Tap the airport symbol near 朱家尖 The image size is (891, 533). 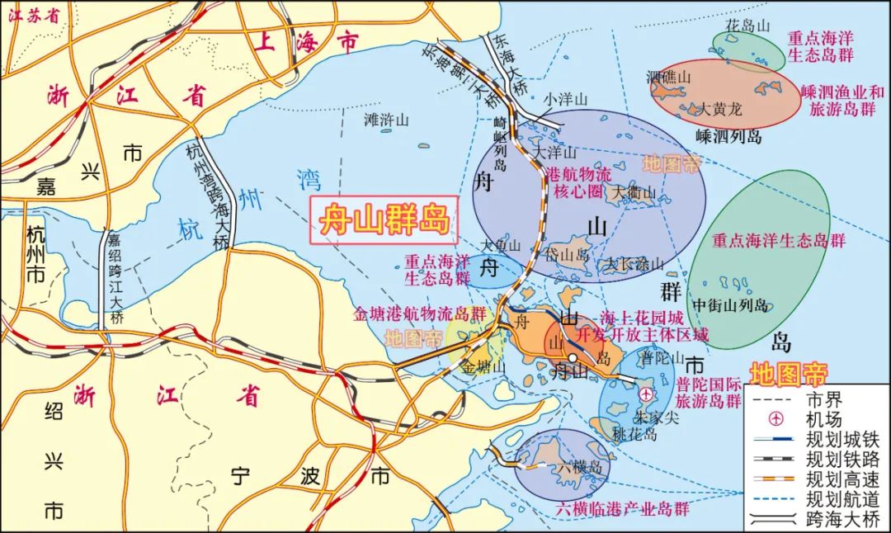click(644, 396)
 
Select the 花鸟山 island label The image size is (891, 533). click(747, 26)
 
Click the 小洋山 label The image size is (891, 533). click(565, 99)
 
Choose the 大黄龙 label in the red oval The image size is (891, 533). click(721, 108)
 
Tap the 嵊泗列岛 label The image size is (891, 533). click(728, 136)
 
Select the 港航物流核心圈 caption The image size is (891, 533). click(579, 182)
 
